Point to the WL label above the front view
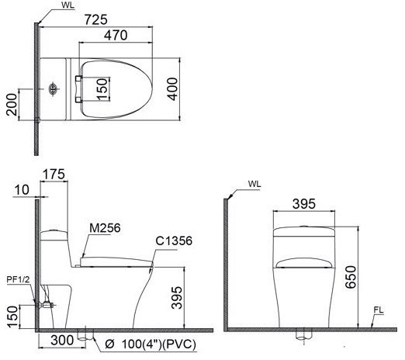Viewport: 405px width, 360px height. point(254,185)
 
